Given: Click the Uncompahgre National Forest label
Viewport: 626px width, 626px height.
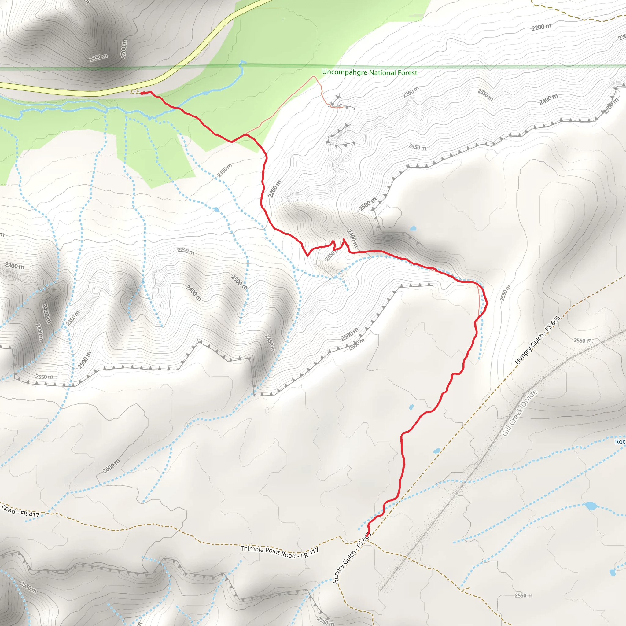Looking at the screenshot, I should click(x=369, y=72).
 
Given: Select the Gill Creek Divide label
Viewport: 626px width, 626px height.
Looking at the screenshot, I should click(x=520, y=412).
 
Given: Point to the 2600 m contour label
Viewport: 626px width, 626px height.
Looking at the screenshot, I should click(x=111, y=466).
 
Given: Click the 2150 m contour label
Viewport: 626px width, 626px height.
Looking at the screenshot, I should click(x=225, y=171).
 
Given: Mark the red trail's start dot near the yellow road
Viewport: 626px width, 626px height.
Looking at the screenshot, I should click(x=142, y=93).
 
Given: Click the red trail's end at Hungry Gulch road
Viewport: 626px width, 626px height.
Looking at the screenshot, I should click(x=367, y=532).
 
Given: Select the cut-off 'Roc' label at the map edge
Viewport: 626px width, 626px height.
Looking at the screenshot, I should click(x=620, y=442).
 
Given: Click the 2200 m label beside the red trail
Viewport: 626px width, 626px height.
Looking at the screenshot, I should click(x=275, y=189).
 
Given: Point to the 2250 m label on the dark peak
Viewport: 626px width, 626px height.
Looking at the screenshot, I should click(x=98, y=58).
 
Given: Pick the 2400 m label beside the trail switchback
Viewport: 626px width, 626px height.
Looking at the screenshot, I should click(x=352, y=239).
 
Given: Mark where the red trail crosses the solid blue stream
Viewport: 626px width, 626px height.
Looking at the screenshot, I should click(x=177, y=108).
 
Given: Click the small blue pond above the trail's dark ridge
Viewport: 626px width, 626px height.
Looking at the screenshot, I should click(x=413, y=228).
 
